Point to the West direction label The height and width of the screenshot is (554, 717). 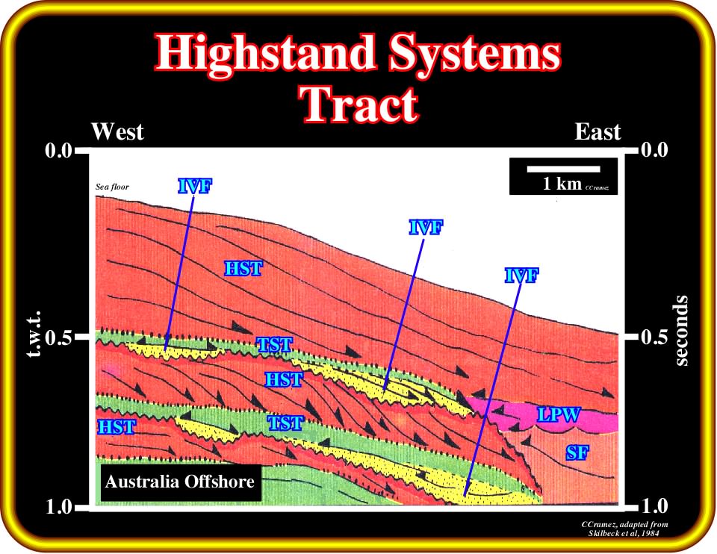[x=117, y=131]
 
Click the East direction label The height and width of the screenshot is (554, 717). [x=597, y=132]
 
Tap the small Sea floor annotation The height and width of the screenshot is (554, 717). [x=112, y=187]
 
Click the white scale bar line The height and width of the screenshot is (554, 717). [x=563, y=169]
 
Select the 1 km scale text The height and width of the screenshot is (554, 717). [x=562, y=184]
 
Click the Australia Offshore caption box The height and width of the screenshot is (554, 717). [x=180, y=482]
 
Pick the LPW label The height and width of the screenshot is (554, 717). [x=559, y=414]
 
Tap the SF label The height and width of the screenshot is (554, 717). [x=577, y=452]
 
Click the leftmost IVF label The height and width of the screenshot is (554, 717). [x=195, y=186]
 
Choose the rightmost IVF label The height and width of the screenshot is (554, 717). [x=522, y=276]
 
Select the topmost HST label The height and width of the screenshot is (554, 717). [x=243, y=268]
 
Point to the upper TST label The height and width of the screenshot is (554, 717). [x=274, y=345]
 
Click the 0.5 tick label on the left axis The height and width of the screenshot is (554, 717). [x=60, y=337]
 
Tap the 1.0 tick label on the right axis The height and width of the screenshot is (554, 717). [x=655, y=506]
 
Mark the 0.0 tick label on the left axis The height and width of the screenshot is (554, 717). [x=60, y=150]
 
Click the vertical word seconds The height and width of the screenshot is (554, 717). [x=681, y=331]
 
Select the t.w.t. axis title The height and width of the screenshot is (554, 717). [x=34, y=334]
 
